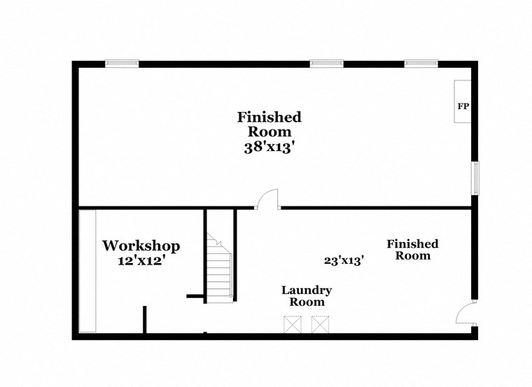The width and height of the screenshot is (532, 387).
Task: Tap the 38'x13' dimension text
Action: (269, 148)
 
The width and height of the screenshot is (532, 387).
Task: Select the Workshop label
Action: (141, 246)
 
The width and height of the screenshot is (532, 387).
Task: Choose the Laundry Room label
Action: (307, 296)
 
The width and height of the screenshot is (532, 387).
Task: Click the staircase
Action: (220, 270)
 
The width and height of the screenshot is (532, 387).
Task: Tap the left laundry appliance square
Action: (293, 325)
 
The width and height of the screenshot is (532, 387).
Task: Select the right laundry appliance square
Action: (320, 325)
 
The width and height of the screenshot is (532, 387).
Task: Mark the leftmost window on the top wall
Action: (122, 64)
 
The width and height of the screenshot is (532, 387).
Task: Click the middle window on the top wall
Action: (327, 64)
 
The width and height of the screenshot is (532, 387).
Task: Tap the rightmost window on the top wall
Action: (421, 64)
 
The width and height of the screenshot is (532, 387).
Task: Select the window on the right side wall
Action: (475, 178)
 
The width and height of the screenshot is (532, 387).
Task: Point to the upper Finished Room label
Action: (269, 124)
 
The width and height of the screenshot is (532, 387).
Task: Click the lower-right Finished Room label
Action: (412, 249)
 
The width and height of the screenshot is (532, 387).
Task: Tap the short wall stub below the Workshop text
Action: (145, 321)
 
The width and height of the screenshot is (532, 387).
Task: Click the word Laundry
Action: (307, 290)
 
